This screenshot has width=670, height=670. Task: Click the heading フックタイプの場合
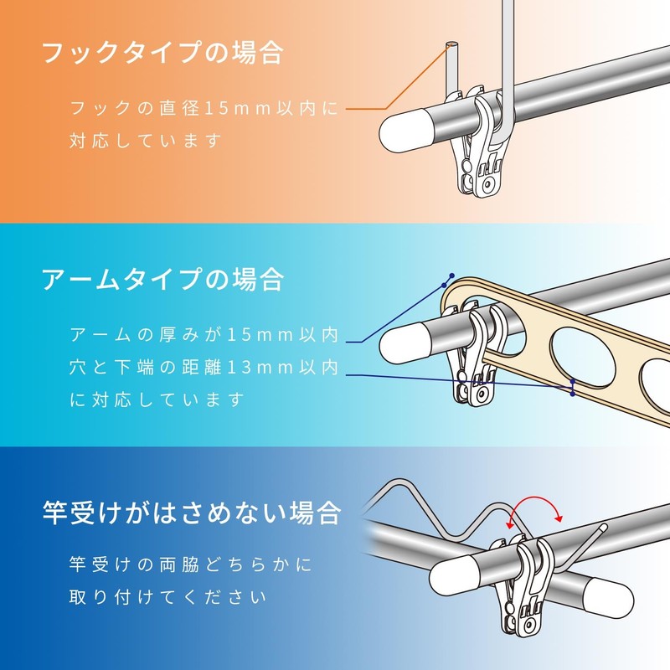click(163, 53)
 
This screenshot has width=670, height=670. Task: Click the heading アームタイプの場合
click(163, 278)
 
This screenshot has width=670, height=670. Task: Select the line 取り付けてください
click(167, 597)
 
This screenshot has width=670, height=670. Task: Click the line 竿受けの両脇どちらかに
click(191, 565)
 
